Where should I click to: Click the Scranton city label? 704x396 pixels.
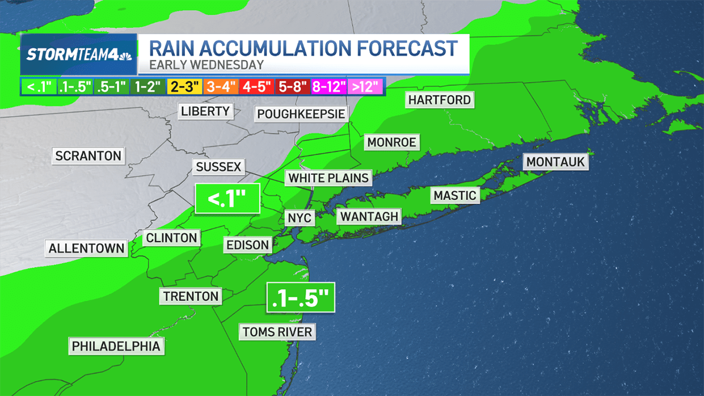coord(88,155)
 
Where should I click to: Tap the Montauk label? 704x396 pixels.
coord(556,161)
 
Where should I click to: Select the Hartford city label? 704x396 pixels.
coord(439,100)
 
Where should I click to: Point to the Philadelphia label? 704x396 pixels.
coord(116,346)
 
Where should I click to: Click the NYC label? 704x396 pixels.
coord(300,218)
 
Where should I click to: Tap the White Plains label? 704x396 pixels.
coord(329,178)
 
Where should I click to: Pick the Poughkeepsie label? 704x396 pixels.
coord(301,113)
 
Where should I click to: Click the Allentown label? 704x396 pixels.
coord(87,248)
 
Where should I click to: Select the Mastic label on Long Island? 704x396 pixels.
coord(455,195)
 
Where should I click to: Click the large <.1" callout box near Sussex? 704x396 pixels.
coord(227,200)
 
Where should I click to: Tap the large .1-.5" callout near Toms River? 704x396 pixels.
coord(301,299)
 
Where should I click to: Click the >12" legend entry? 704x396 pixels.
coord(365,87)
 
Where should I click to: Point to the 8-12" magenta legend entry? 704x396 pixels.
coord(329,87)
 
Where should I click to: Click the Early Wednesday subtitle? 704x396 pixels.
coord(206,65)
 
